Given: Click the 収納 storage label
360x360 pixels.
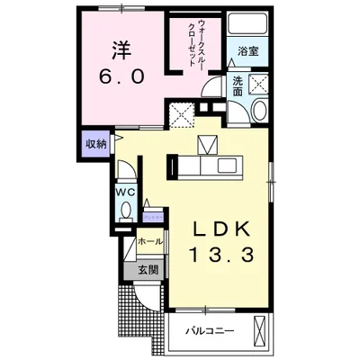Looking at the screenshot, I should click(x=95, y=144).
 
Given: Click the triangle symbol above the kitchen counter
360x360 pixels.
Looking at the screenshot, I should click(x=207, y=144).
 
